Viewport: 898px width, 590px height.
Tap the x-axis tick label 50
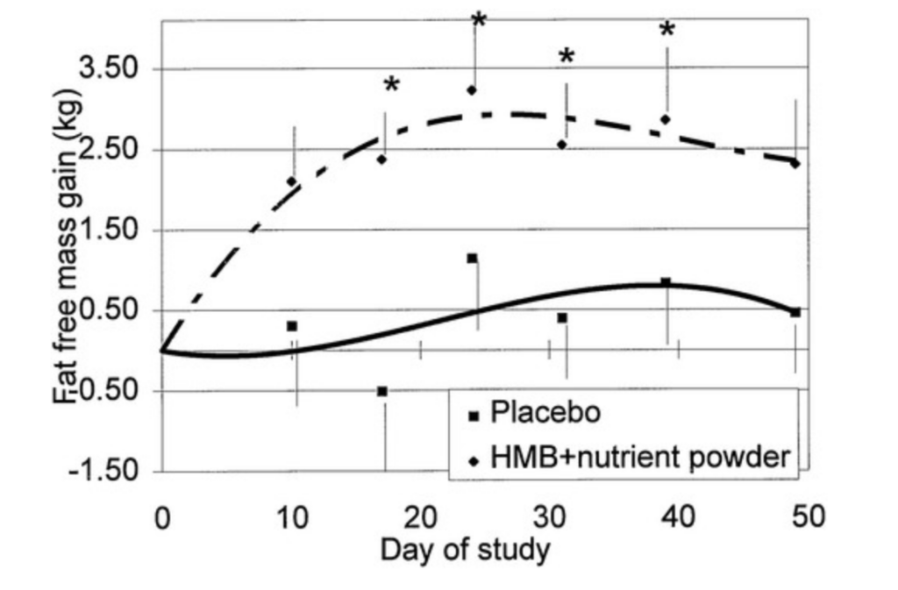pos(809,518)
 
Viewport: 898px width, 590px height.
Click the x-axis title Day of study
pos(465,551)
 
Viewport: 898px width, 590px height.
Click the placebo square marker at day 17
pos(382,391)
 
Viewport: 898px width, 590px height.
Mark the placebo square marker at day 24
pos(472,259)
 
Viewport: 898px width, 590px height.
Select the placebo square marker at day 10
pos(292,326)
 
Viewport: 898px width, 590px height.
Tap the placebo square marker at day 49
pos(795,312)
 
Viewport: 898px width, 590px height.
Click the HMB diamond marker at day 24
pos(472,90)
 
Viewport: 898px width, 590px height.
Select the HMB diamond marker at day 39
pos(666,119)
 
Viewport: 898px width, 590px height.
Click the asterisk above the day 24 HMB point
pos(478,20)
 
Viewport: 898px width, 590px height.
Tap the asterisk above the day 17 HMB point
pos(391,85)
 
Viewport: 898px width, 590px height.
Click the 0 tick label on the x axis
pos(162,518)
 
